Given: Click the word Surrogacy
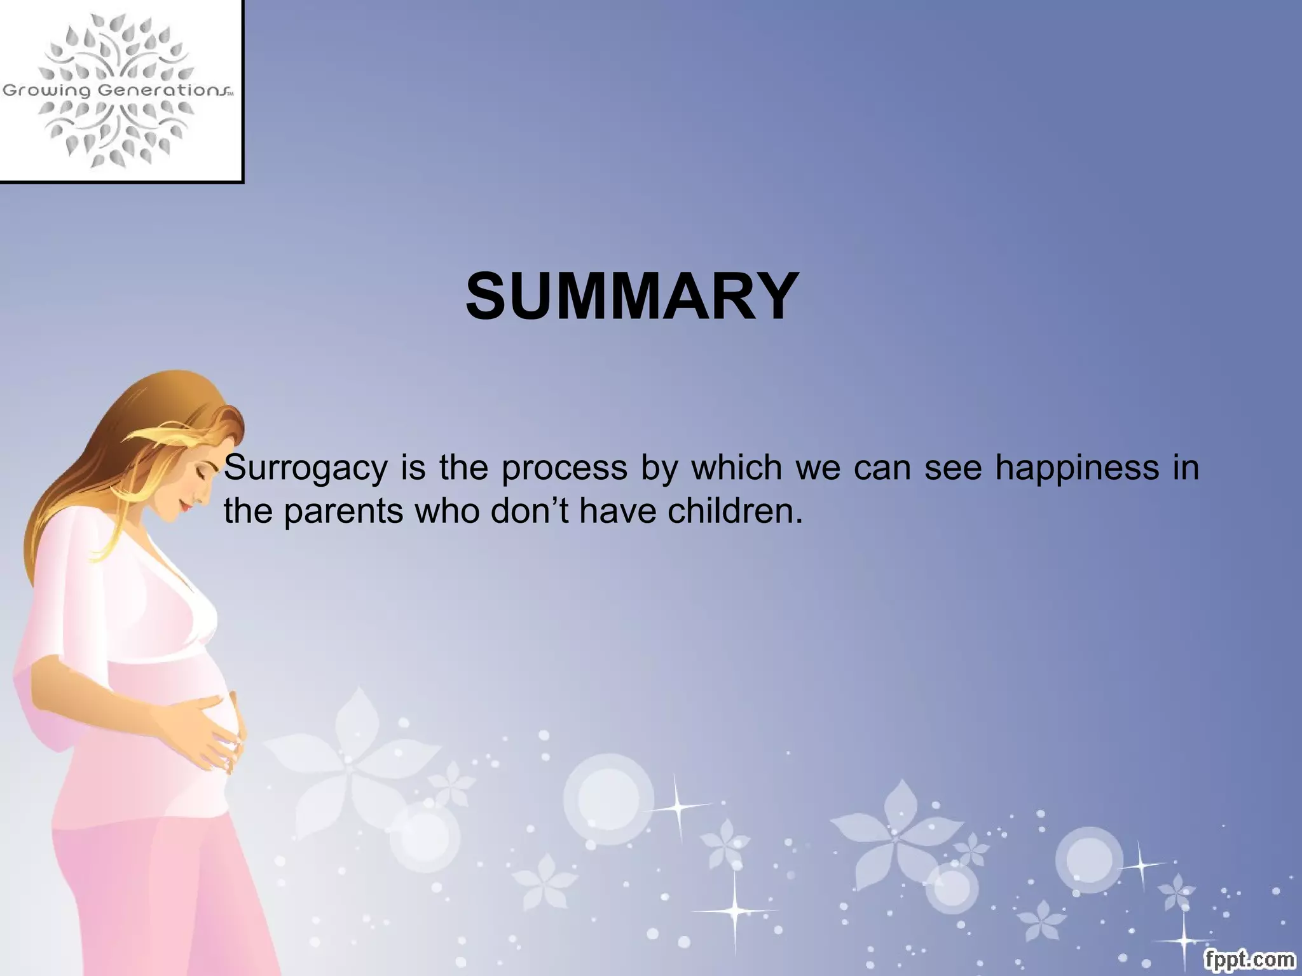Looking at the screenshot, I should pos(306,469).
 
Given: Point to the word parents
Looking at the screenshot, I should pos(343,512).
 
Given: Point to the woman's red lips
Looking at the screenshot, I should pos(184,506).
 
